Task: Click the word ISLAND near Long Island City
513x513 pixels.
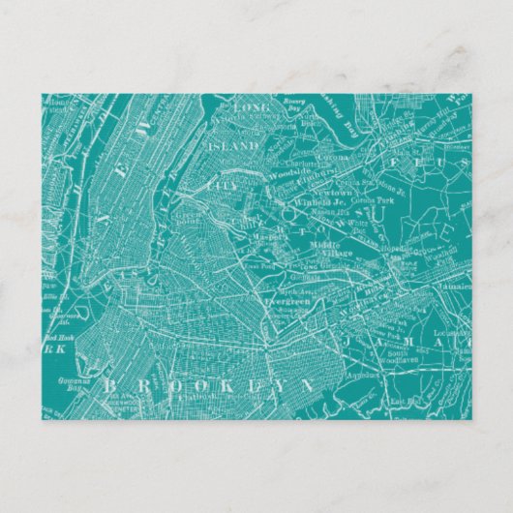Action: tap(234, 146)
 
